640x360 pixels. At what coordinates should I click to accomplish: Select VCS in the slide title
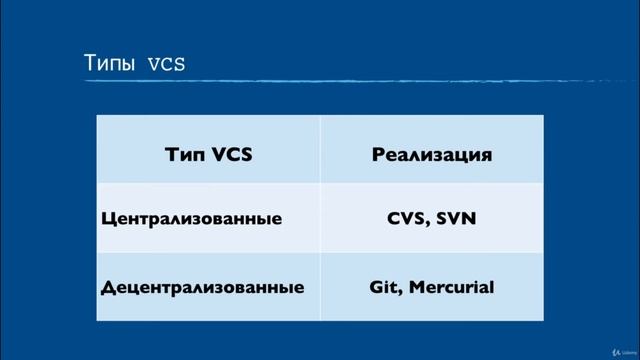(166, 65)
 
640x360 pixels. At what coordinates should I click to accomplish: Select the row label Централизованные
(192, 219)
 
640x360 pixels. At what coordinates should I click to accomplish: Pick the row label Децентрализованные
(203, 287)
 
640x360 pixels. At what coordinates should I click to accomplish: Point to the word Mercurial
(451, 287)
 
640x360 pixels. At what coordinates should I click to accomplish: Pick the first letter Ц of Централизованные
(108, 219)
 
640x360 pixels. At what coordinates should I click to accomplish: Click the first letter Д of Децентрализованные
(107, 287)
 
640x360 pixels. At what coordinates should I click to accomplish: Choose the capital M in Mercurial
(414, 287)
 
